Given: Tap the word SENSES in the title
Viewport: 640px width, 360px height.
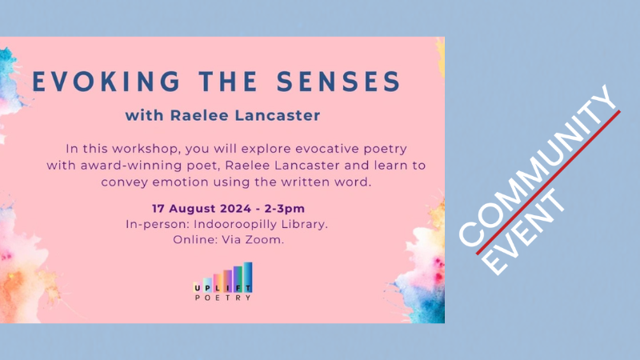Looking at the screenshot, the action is (338, 82).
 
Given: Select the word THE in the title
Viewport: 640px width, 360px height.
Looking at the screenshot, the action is (228, 82).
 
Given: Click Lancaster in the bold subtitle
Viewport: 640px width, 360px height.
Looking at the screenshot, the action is (278, 115).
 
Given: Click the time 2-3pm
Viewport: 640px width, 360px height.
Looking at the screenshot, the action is (285, 209).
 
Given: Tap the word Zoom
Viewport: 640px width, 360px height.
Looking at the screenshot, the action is (265, 239).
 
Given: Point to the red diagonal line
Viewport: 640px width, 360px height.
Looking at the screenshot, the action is (548, 182).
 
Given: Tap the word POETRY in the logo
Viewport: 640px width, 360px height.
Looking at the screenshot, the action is (223, 298).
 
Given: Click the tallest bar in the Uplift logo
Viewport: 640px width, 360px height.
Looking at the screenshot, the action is (248, 278).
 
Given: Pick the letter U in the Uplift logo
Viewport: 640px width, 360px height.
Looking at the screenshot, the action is (198, 288).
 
